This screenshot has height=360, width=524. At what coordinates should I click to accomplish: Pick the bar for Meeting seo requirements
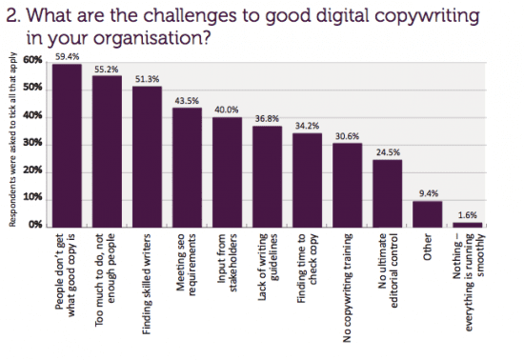point(187,167)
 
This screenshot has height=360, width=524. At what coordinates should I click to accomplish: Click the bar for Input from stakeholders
point(227,171)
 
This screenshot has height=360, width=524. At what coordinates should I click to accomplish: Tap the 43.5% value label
point(187,100)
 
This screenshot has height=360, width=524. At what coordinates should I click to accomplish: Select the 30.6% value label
point(347,135)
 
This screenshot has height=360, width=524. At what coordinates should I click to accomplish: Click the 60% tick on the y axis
point(32,61)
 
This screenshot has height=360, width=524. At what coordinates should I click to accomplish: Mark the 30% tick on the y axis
point(32,143)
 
